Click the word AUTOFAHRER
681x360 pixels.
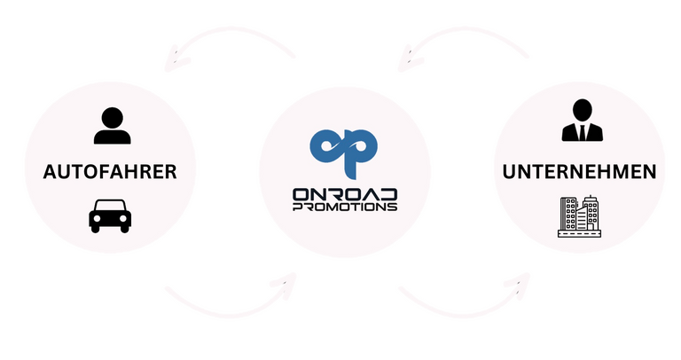[x=109, y=172]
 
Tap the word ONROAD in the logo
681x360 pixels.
[x=344, y=193]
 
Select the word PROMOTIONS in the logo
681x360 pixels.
[x=344, y=207]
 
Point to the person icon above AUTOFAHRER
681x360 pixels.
[x=110, y=127]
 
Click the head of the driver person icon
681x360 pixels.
[x=110, y=116]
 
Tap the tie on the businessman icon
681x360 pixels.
[x=582, y=131]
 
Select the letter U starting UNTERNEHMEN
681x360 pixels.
[x=509, y=171]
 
